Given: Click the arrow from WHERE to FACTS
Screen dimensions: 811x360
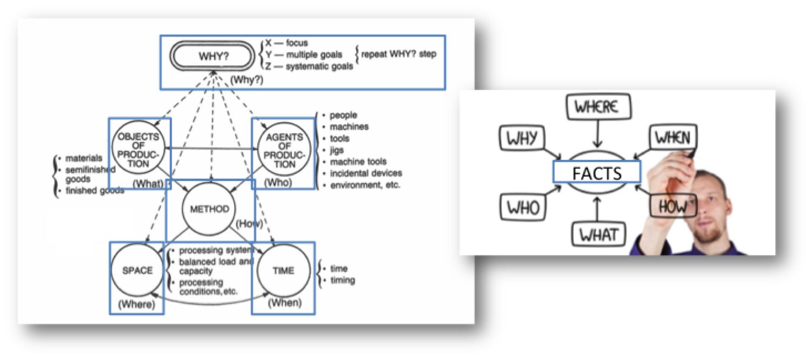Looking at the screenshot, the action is tap(597, 134).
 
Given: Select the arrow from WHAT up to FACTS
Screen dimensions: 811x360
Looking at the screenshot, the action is tap(597, 209).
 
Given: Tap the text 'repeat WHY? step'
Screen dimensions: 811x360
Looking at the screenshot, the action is tap(398, 54).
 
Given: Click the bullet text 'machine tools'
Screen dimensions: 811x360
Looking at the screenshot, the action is tap(358, 162).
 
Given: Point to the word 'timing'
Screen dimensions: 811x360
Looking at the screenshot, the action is tap(342, 281).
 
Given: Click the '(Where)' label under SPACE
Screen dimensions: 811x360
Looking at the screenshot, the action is tap(136, 304).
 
